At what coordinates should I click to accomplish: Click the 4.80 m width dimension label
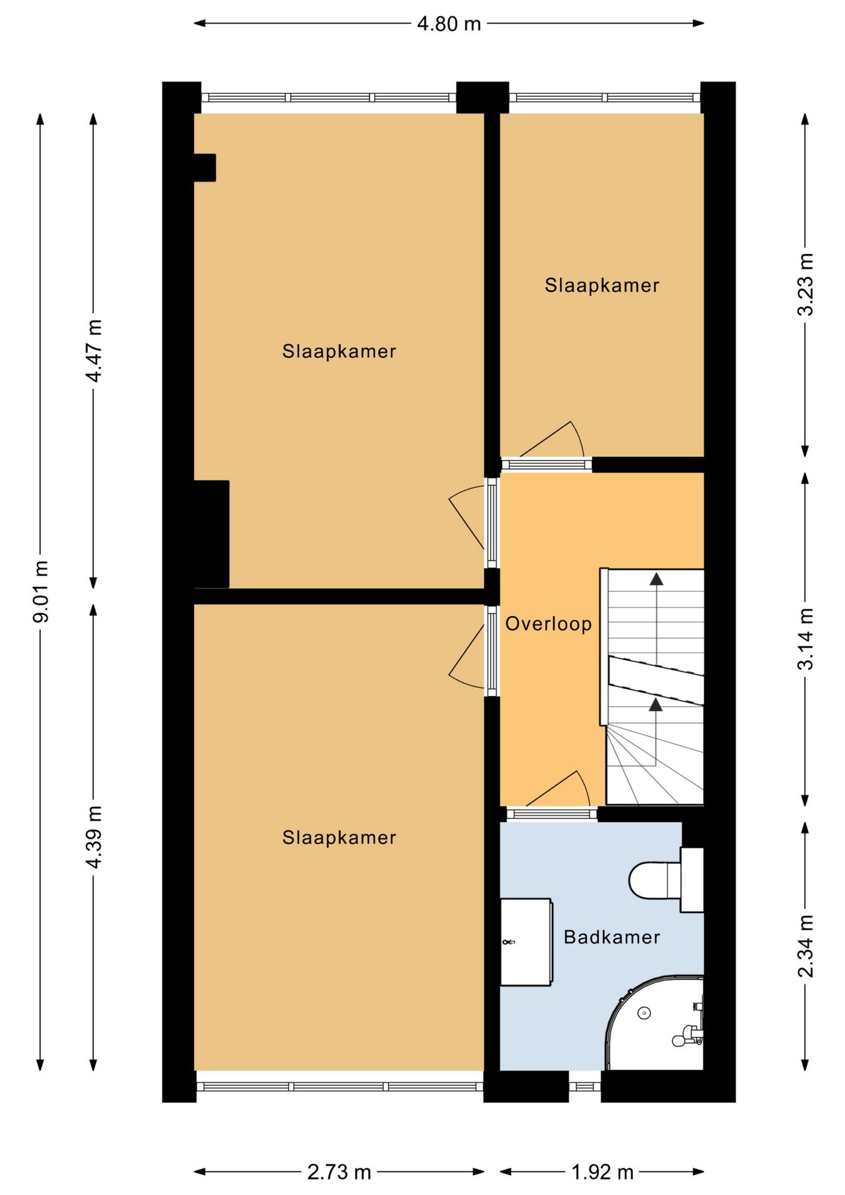pyautogui.click(x=449, y=24)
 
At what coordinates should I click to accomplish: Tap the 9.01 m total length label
pyautogui.click(x=41, y=591)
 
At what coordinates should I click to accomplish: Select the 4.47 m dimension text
pyautogui.click(x=94, y=350)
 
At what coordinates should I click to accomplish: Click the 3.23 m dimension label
pyautogui.click(x=806, y=284)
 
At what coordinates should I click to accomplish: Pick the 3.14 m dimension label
pyautogui.click(x=806, y=639)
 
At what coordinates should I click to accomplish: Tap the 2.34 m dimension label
pyautogui.click(x=806, y=945)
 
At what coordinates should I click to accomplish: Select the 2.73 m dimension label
pyautogui.click(x=339, y=1173)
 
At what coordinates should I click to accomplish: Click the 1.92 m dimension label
pyautogui.click(x=602, y=1173)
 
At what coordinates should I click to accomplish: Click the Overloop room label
pyautogui.click(x=548, y=624)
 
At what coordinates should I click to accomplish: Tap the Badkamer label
pyautogui.click(x=612, y=937)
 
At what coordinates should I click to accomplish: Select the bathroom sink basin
pyautogui.click(x=526, y=942)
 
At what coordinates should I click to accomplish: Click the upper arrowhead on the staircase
pyautogui.click(x=656, y=579)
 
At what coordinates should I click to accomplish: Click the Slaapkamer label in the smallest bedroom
pyautogui.click(x=602, y=285)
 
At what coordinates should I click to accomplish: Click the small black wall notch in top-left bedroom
pyautogui.click(x=205, y=167)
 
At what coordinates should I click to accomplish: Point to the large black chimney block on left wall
pyautogui.click(x=212, y=534)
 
